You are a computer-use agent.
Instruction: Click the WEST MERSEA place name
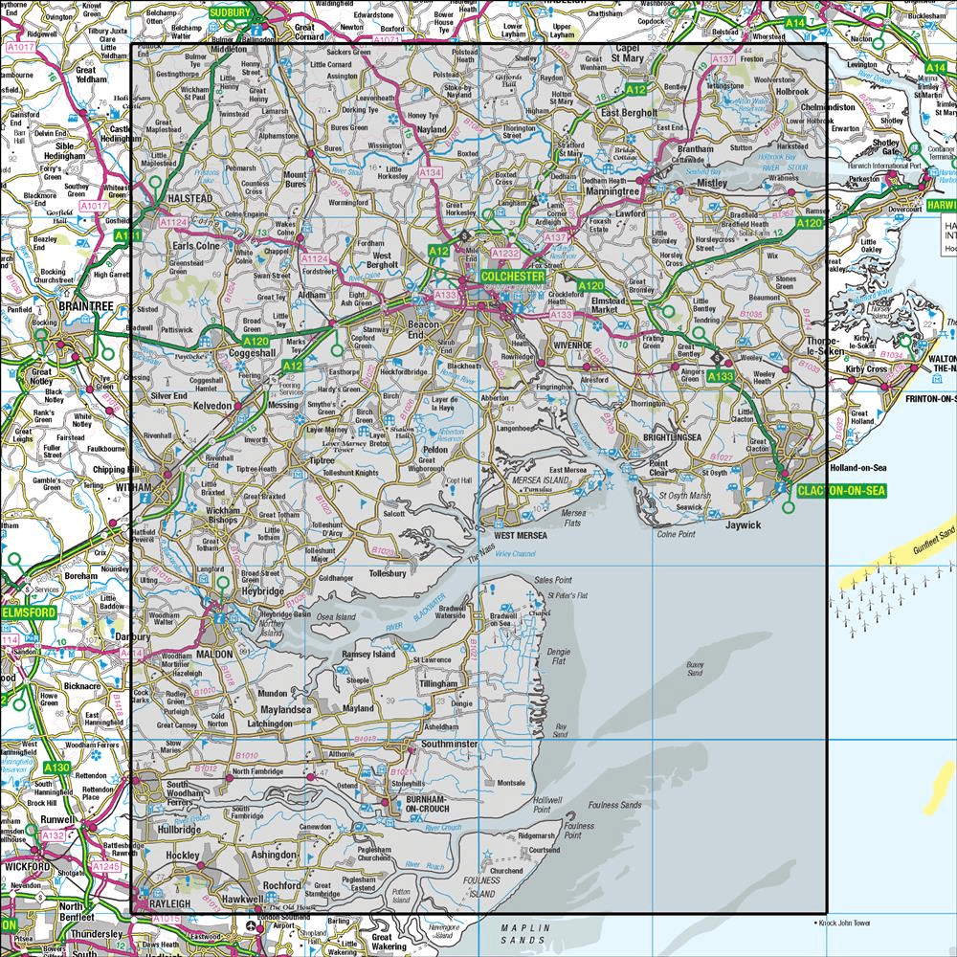pyautogui.click(x=520, y=535)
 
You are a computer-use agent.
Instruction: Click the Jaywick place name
pyautogui.click(x=742, y=524)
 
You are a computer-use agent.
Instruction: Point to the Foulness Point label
pyautogui.click(x=578, y=830)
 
